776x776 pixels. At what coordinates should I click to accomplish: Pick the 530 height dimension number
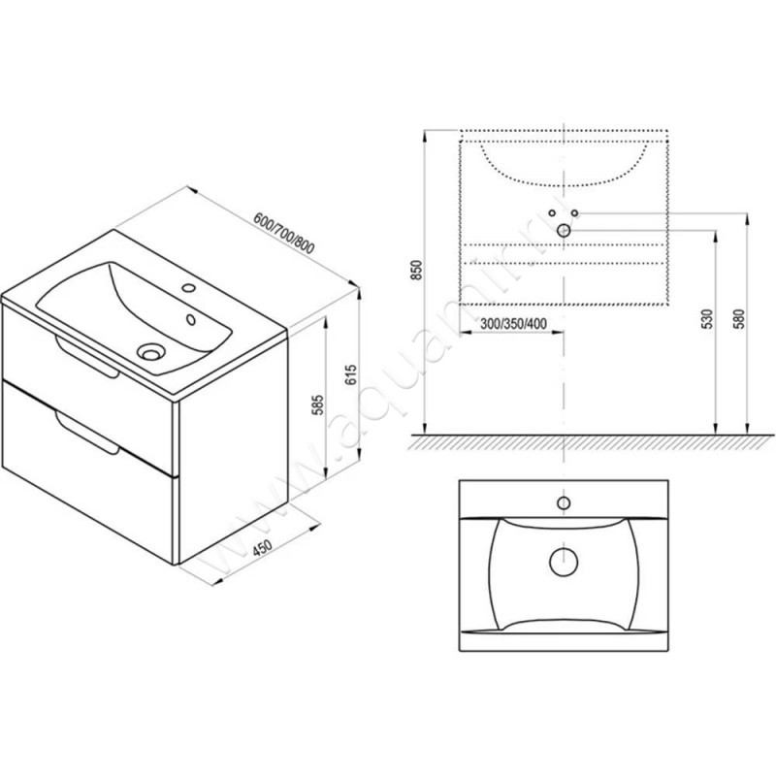pyautogui.click(x=706, y=321)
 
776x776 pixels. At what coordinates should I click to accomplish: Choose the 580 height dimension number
pyautogui.click(x=739, y=321)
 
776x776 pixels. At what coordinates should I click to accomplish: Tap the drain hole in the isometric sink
pyautogui.click(x=152, y=350)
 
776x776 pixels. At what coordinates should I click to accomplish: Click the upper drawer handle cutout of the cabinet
pyautogui.click(x=87, y=353)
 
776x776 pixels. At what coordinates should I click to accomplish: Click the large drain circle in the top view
pyautogui.click(x=563, y=560)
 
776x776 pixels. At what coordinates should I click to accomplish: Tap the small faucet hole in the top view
pyautogui.click(x=563, y=502)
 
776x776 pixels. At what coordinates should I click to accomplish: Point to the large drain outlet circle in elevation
pyautogui.click(x=564, y=230)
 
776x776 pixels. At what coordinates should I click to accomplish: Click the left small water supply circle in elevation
pyautogui.click(x=552, y=212)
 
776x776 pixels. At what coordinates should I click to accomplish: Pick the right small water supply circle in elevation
pyautogui.click(x=574, y=212)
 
